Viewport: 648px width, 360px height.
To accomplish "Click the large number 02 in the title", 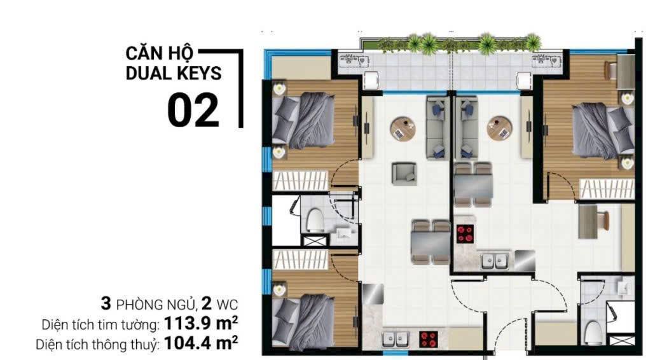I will [193, 111].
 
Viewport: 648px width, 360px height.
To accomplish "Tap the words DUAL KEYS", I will [174, 73].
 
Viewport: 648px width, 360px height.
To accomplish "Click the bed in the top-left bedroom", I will [305, 118].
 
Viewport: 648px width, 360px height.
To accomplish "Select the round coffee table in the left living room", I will [402, 128].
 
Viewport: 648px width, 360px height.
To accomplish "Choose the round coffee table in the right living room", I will [500, 128].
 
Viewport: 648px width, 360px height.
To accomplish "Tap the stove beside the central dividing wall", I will [465, 233].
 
